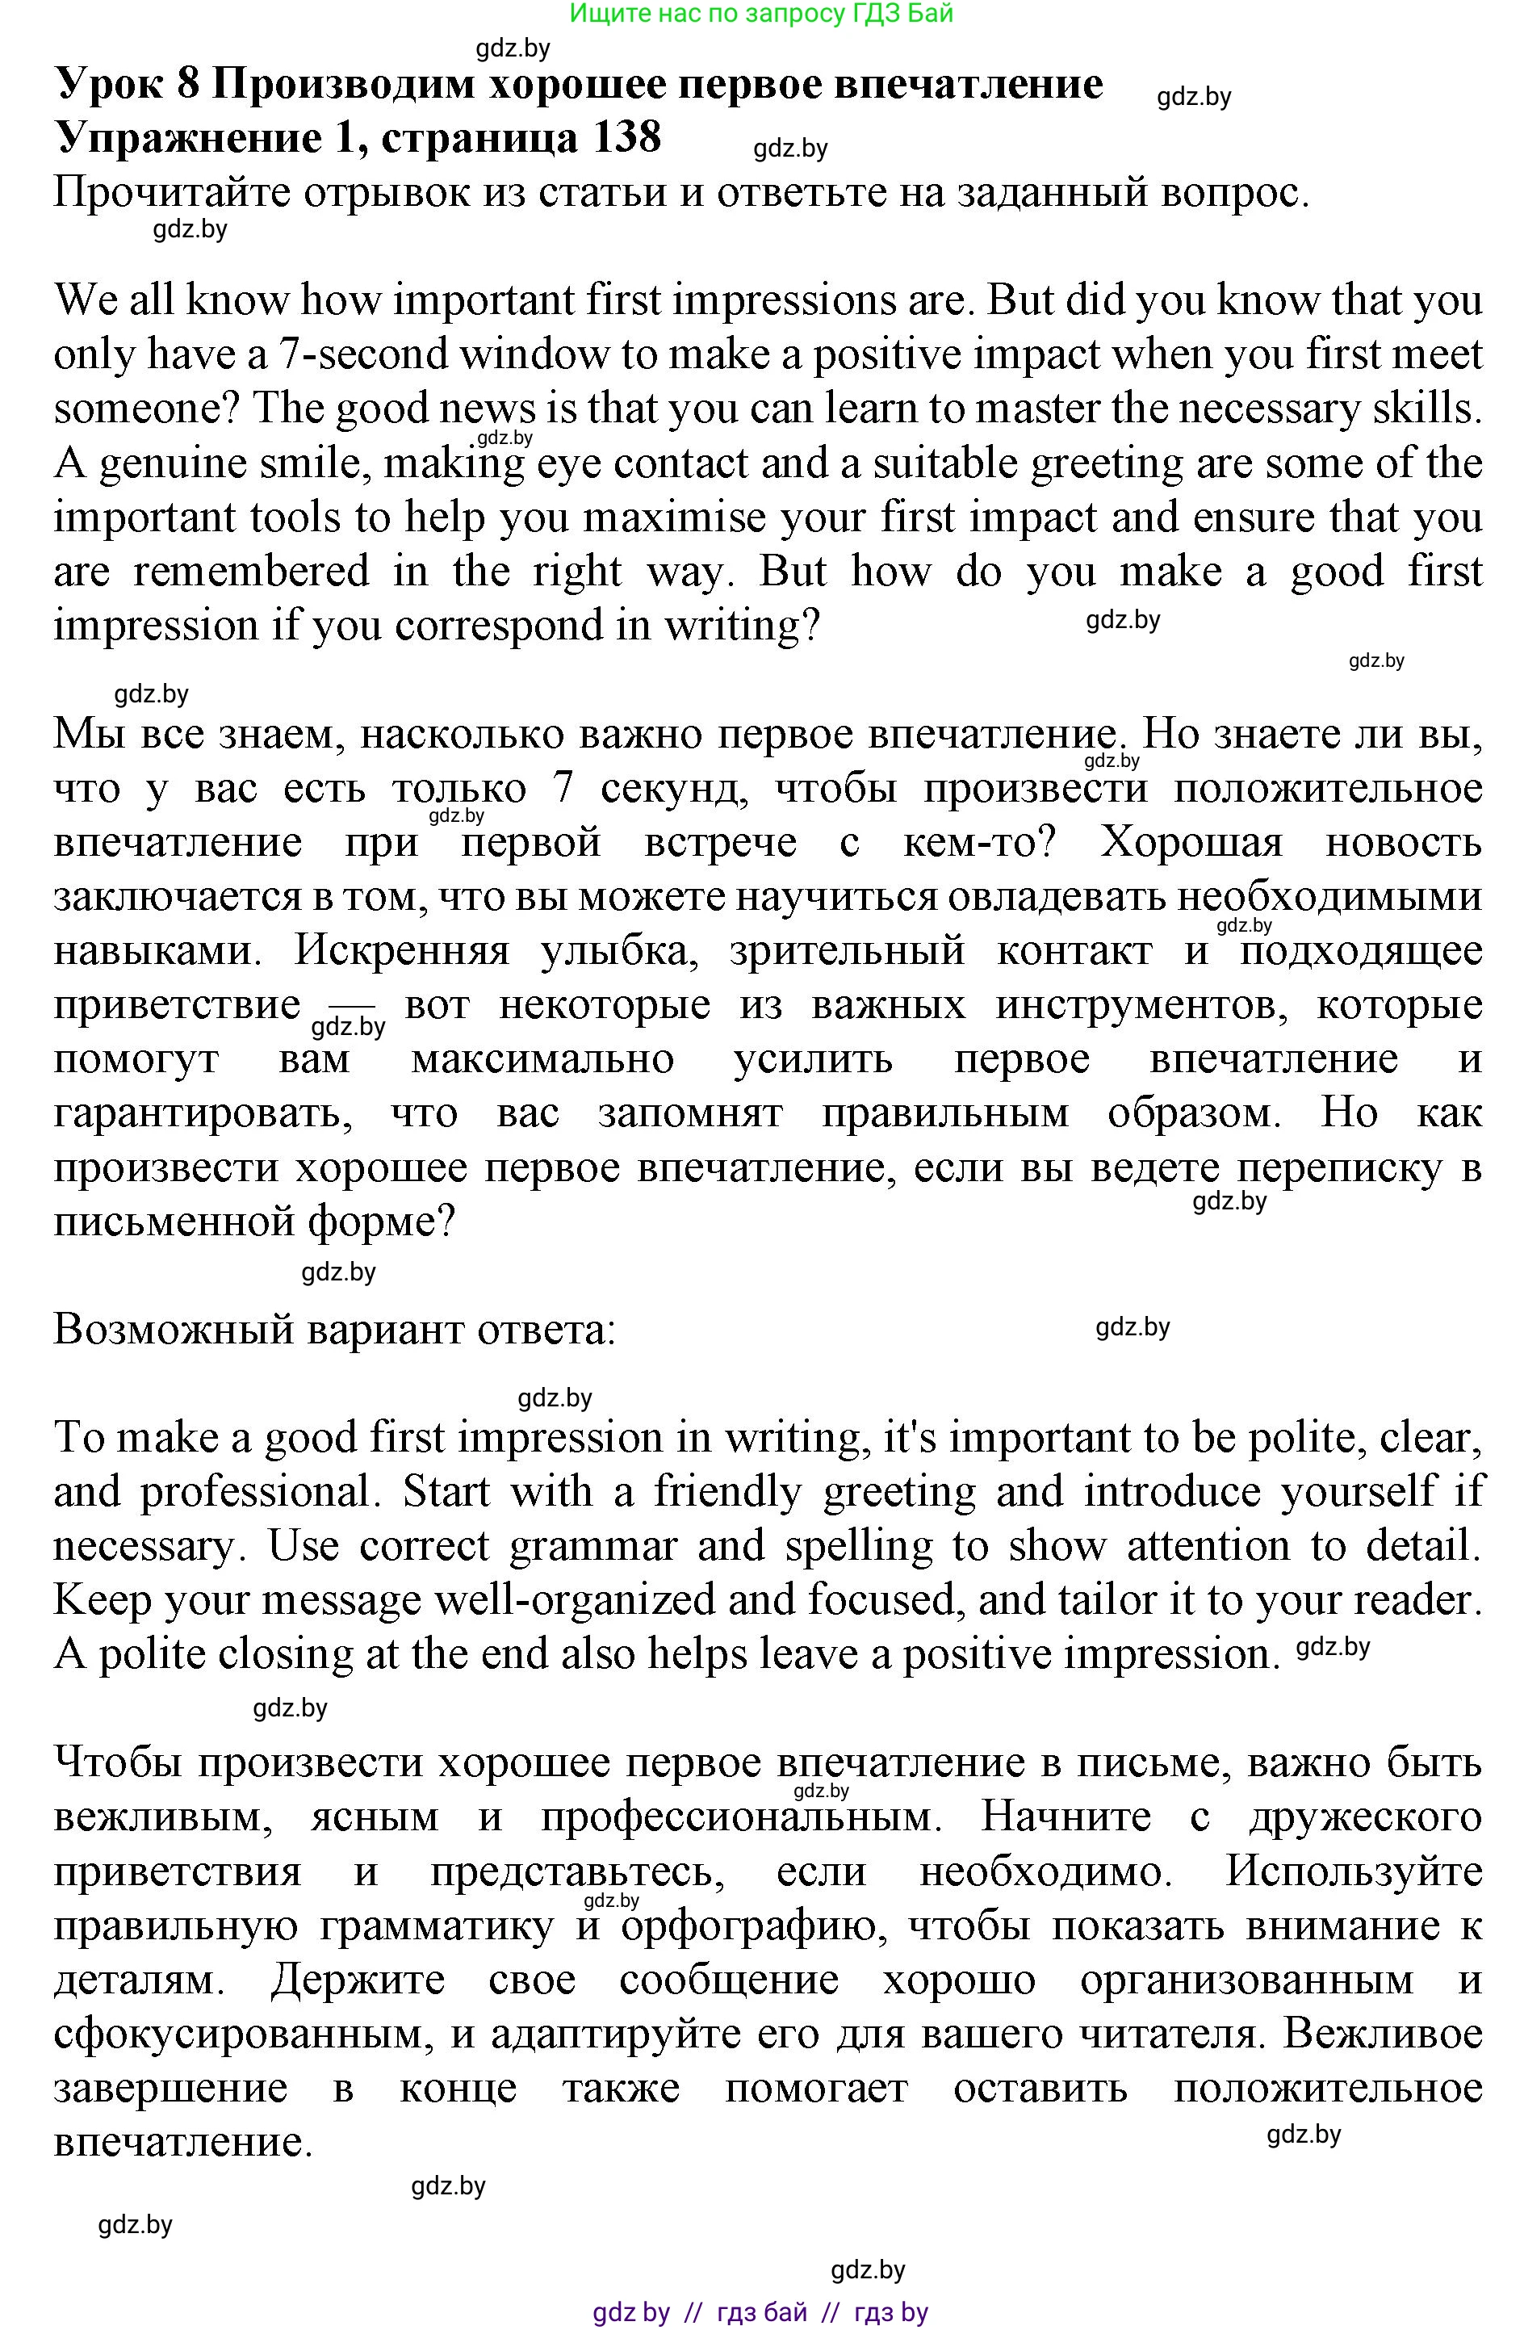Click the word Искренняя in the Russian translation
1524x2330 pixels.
(401, 950)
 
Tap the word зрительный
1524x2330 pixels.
(847, 950)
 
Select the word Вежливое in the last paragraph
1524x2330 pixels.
(1382, 2035)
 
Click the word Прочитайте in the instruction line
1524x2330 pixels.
(172, 193)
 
